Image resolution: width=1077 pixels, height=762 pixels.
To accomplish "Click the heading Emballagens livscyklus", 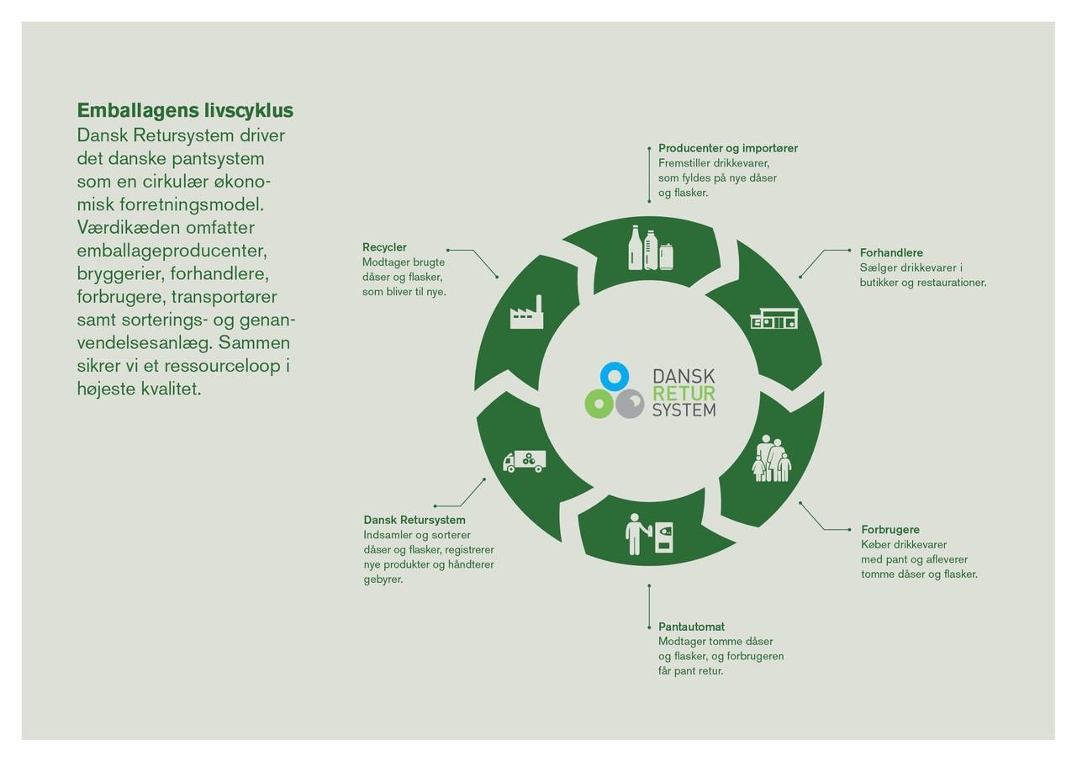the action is [x=185, y=111].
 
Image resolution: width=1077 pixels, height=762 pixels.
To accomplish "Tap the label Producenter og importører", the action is [x=728, y=149].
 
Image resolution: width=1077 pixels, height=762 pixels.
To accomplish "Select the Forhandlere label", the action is [x=891, y=253].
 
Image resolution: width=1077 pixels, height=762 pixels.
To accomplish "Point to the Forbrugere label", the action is [x=890, y=530].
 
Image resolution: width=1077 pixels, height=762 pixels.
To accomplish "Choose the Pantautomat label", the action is [x=691, y=627].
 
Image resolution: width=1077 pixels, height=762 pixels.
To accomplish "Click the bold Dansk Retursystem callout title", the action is [x=414, y=520].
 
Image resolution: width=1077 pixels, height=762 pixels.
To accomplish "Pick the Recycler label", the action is [x=384, y=247].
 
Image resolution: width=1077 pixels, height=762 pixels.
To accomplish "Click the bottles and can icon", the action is [x=652, y=248].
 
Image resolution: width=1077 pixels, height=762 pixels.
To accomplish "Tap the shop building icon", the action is [x=773, y=318].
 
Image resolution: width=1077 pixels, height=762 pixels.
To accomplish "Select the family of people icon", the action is [x=772, y=459].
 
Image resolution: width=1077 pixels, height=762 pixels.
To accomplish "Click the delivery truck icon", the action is [x=524, y=461].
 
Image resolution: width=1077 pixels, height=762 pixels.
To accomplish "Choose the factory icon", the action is [x=526, y=313].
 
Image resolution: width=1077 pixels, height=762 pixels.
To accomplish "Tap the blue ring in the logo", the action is [x=615, y=376].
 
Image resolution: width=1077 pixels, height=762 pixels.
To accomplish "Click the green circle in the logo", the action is [x=599, y=404].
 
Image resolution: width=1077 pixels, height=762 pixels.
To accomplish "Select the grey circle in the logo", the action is [x=630, y=404].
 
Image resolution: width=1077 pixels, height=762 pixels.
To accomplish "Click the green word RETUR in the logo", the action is [x=684, y=394].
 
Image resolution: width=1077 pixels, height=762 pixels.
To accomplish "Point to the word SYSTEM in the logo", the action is [x=684, y=410].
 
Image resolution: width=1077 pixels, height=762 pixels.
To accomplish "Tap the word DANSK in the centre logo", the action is [x=684, y=377].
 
